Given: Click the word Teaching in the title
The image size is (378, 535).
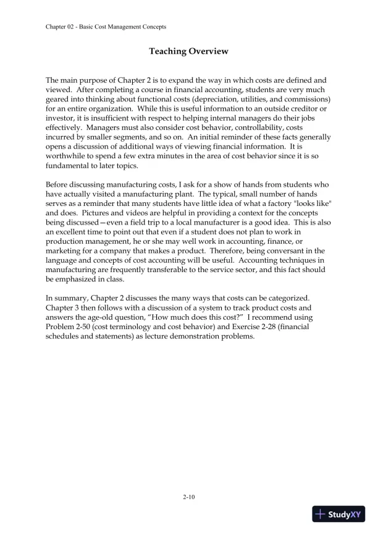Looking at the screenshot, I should pyautogui.click(x=168, y=51).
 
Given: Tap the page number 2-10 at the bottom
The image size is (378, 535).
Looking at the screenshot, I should pyautogui.click(x=189, y=496).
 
